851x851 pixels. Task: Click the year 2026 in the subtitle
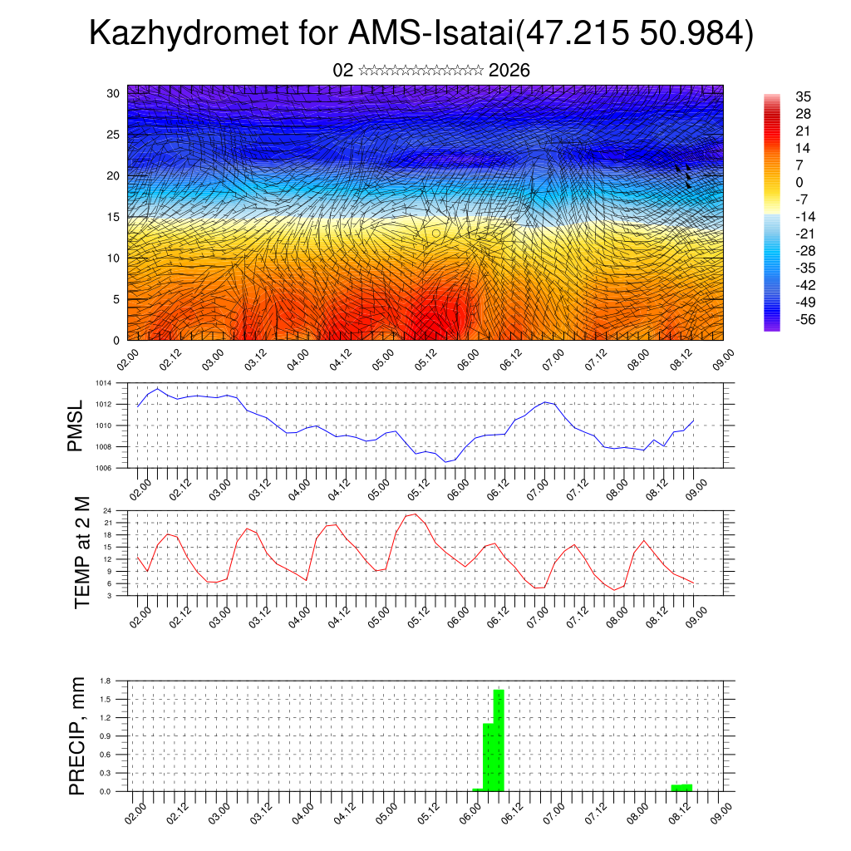(x=509, y=71)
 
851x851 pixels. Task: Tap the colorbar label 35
(x=803, y=96)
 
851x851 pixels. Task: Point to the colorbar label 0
(x=799, y=183)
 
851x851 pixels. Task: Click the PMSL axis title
(x=76, y=425)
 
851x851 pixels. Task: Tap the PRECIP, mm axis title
(x=77, y=735)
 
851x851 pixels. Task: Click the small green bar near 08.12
(x=681, y=787)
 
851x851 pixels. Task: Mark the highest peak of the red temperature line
(x=416, y=514)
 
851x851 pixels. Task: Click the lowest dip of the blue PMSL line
(x=445, y=462)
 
